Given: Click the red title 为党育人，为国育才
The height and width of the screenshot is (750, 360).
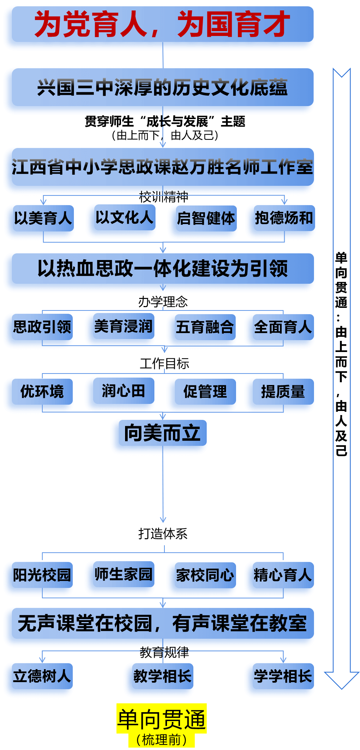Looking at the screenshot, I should tap(162, 24).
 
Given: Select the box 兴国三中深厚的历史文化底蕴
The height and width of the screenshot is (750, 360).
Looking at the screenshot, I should tap(162, 88).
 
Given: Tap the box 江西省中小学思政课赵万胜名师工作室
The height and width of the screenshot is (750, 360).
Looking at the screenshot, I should tap(162, 167).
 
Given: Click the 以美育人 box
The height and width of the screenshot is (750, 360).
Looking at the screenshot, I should tap(43, 218).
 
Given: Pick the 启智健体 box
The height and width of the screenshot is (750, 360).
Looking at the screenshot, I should tap(206, 218).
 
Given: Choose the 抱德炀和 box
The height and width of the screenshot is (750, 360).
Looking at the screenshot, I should tap(284, 218).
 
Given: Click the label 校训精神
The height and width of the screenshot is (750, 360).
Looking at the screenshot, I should tap(163, 197).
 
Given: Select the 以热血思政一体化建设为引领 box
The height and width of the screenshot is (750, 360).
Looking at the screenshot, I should tap(162, 269).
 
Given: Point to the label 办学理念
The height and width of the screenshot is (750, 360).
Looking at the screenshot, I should tap(163, 302).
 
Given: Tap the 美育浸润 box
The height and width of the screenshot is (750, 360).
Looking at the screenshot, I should tap(123, 326).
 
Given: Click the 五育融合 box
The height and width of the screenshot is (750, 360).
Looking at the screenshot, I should tap(205, 327).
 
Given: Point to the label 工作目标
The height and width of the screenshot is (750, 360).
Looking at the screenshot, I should tap(164, 364).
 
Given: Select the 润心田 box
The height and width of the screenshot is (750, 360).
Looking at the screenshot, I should tap(123, 391).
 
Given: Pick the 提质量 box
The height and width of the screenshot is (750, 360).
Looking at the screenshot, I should tap(283, 392).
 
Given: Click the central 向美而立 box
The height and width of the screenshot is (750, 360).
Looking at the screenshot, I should tap(162, 433).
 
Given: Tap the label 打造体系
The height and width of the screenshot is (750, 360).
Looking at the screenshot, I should tap(163, 534).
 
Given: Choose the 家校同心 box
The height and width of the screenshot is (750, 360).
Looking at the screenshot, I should tap(205, 575).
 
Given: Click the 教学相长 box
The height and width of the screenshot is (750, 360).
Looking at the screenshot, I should tap(162, 676).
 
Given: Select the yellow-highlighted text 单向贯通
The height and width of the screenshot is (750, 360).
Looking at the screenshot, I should tap(161, 719).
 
